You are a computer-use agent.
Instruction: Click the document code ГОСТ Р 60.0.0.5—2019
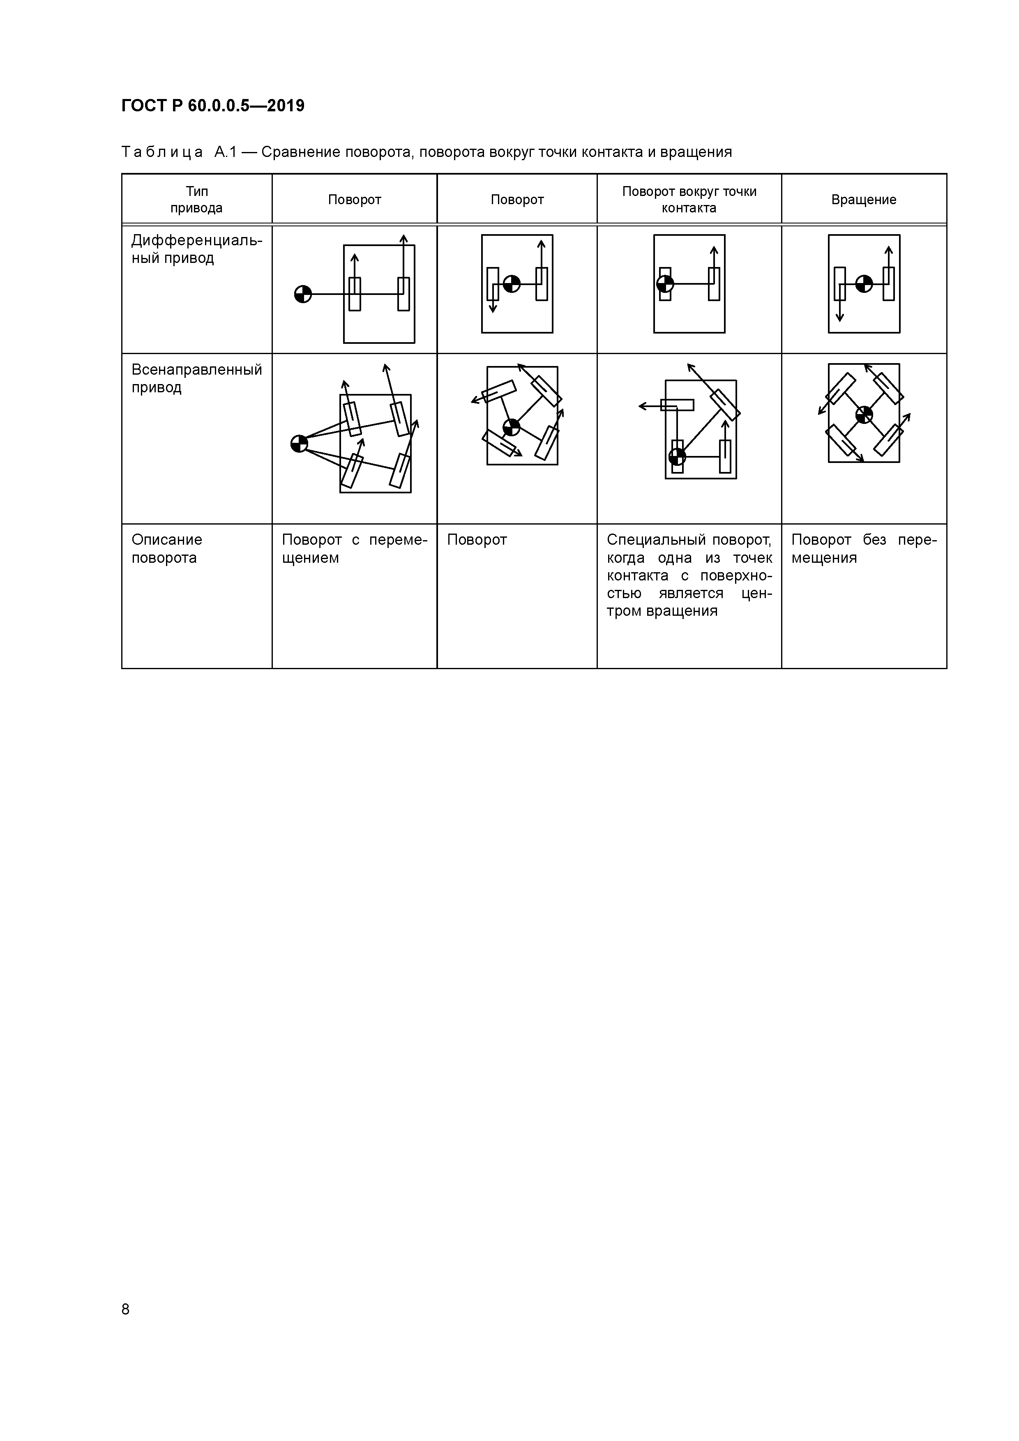213,106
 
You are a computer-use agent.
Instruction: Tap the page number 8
126,1309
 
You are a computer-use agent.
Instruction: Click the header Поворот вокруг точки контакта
689,200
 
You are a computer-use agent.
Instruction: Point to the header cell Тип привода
196,200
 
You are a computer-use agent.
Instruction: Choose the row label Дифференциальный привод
196,249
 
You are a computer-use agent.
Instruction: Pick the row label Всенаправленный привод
196,378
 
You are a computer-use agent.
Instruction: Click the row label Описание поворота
167,548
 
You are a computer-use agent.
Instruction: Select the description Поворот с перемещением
354,548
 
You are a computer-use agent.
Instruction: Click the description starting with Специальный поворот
689,575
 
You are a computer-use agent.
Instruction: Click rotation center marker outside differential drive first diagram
303,294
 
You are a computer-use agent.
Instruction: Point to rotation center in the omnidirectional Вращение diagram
864,414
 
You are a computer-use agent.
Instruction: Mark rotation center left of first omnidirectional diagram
300,444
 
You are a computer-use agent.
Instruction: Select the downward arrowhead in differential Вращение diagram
839,318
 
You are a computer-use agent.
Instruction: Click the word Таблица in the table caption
162,152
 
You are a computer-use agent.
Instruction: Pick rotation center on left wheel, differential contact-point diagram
665,284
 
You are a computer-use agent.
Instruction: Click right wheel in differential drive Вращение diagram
888,284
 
